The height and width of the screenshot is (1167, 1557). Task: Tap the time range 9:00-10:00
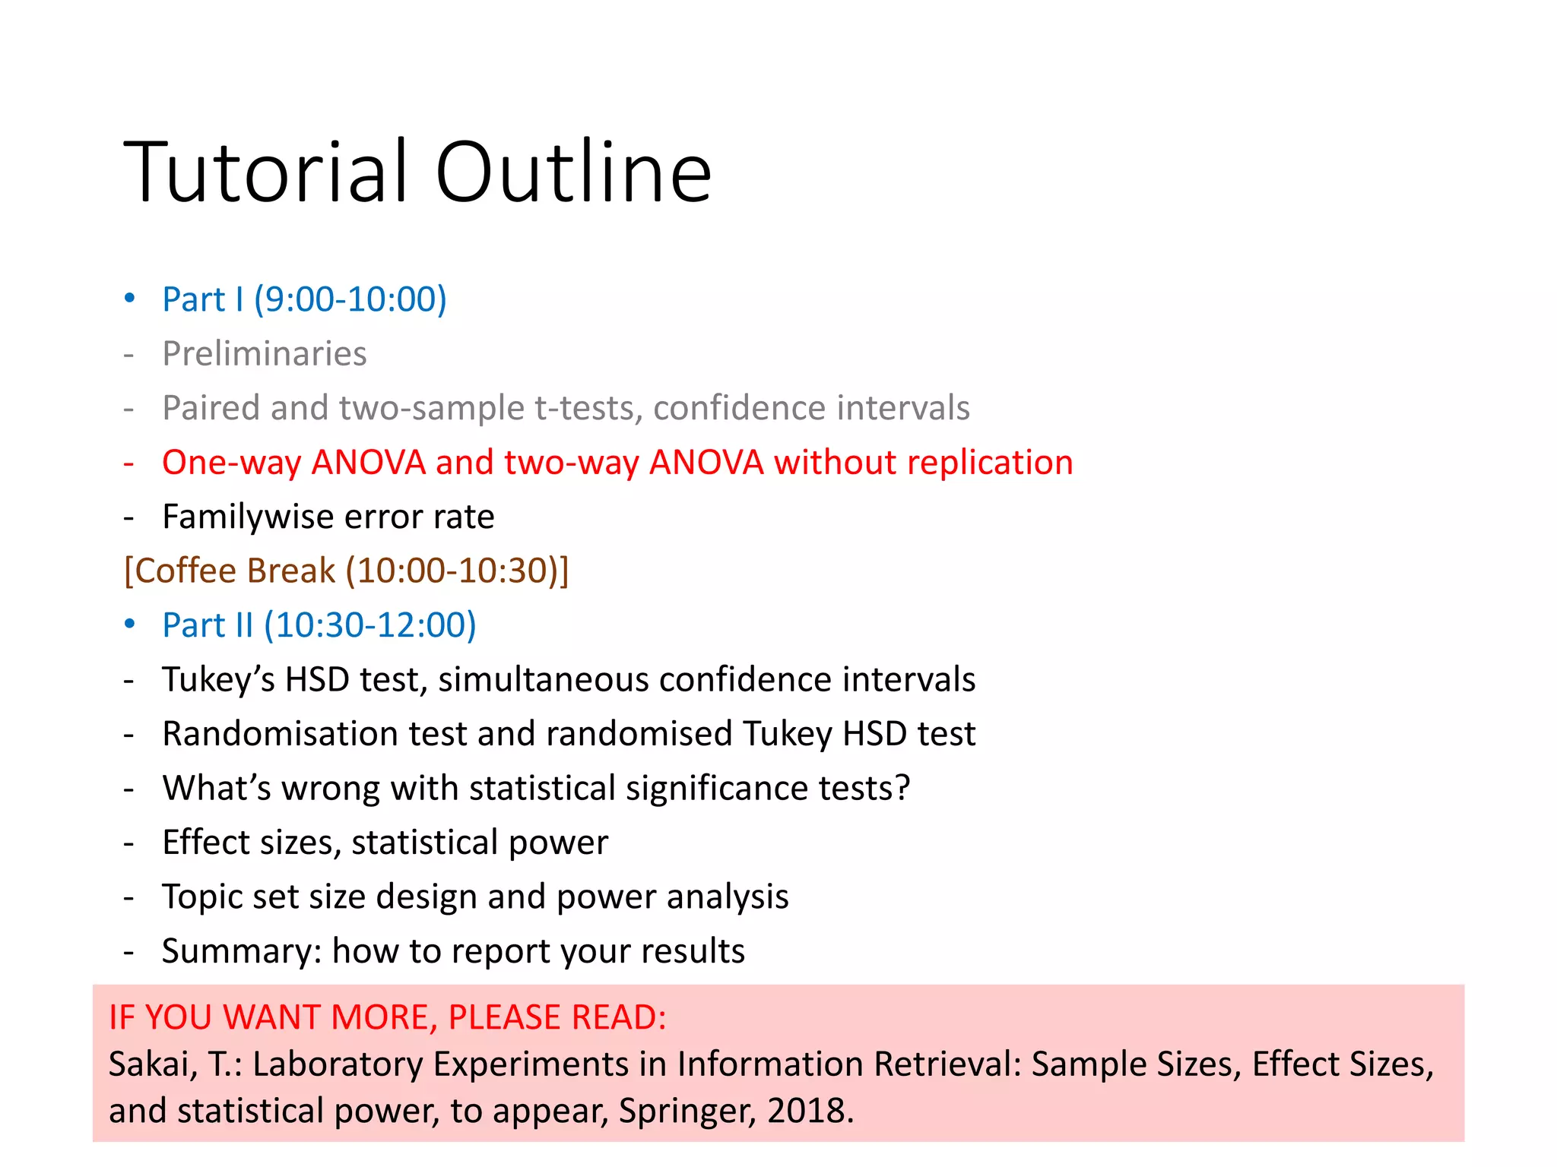pos(350,299)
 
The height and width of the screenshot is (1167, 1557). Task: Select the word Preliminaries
pos(265,354)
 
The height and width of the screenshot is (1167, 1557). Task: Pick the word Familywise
pos(248,517)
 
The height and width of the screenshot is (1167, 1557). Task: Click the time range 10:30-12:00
pos(370,625)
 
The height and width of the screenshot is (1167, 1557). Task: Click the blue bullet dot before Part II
pos(130,625)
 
